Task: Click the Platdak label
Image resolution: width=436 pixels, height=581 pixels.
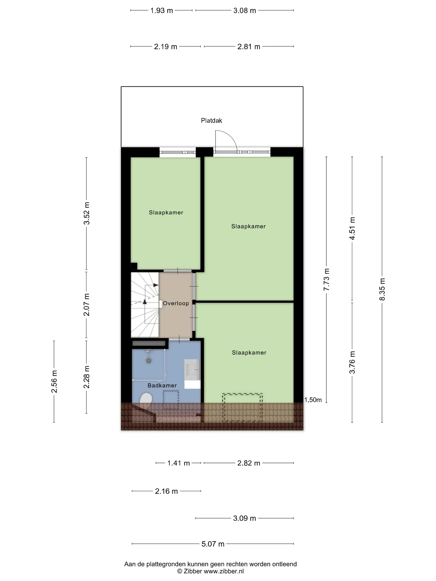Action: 211,121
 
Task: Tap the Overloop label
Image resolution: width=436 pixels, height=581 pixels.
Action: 176,303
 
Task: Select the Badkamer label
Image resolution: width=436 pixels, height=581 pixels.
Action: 162,386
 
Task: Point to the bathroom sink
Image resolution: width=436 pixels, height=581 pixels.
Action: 192,371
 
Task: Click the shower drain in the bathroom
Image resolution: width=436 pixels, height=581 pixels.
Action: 149,361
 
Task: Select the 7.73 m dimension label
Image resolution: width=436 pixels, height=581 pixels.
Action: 326,280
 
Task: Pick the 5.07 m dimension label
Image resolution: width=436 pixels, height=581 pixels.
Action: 213,544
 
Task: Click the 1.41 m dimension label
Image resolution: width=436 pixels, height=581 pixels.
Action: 178,463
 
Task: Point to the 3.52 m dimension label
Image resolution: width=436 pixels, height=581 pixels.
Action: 86,213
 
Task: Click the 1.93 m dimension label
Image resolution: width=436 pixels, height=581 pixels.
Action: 161,11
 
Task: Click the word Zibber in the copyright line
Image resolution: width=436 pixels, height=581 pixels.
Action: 193,571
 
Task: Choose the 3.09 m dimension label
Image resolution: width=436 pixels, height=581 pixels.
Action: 244,518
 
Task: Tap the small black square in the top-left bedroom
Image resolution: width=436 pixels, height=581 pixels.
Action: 134,266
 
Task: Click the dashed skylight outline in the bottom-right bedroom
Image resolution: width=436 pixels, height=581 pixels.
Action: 242,393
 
